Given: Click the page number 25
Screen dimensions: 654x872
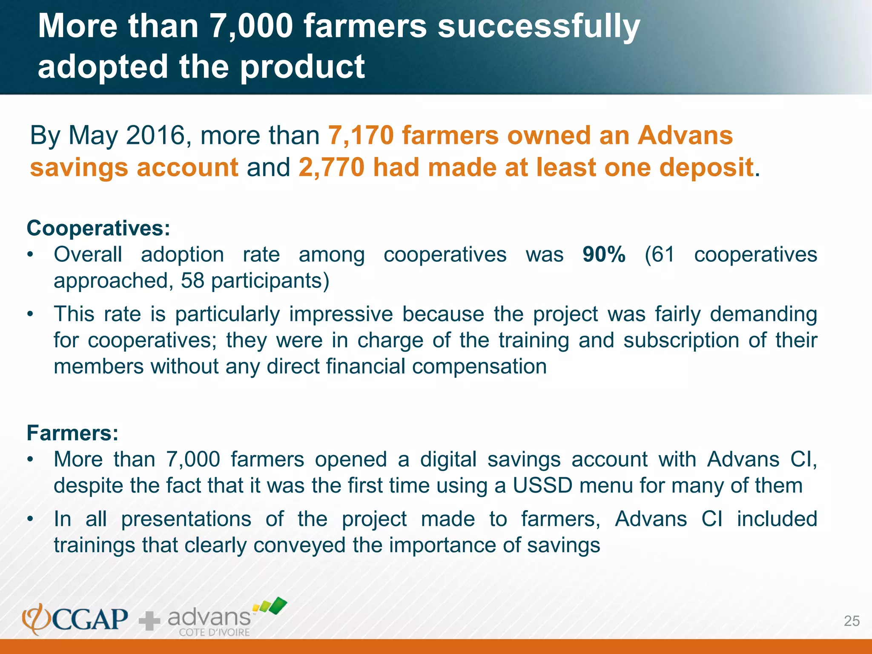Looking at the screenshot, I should click(x=852, y=621).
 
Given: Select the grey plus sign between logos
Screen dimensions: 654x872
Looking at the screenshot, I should click(x=149, y=621).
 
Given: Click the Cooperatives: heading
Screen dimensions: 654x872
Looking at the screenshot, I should click(x=98, y=228).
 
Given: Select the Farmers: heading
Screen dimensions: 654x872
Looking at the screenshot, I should click(x=72, y=433).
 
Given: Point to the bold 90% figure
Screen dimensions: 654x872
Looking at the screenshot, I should click(x=604, y=255).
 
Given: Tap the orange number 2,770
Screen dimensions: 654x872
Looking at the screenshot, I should click(x=331, y=167).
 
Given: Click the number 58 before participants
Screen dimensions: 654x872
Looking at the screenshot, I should click(x=192, y=281).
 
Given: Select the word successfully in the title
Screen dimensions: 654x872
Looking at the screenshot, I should click(x=539, y=26).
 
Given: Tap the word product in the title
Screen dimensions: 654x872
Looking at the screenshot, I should click(x=302, y=67).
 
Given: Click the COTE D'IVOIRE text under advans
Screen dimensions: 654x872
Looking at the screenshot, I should click(x=214, y=632).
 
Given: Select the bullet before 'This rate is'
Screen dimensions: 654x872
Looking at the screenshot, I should click(x=30, y=315).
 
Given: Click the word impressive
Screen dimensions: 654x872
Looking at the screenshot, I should click(x=341, y=314).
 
